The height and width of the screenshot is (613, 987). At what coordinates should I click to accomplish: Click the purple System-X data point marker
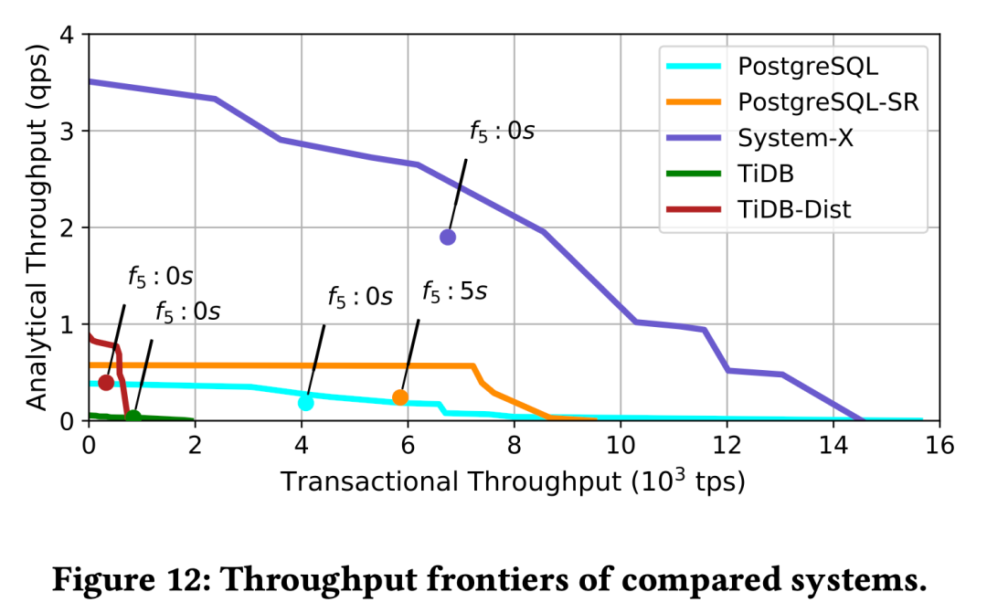[x=448, y=237]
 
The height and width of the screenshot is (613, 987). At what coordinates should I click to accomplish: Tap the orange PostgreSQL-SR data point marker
[x=400, y=396]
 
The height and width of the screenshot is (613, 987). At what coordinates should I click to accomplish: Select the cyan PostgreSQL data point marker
[x=306, y=402]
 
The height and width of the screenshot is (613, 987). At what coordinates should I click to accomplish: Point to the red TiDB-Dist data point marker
[x=106, y=382]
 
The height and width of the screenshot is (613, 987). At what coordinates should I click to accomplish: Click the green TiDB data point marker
[x=133, y=417]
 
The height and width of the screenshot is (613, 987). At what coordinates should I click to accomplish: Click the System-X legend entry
[x=795, y=137]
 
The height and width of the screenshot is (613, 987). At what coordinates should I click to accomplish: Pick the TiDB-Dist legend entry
[x=794, y=208]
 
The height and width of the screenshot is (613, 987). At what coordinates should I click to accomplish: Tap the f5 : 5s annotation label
[x=454, y=292]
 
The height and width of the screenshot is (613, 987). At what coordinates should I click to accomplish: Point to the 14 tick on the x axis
[x=833, y=446]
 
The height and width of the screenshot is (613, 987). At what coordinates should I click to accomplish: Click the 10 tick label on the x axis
[x=621, y=446]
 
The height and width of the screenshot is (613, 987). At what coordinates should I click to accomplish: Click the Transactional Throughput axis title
[x=513, y=481]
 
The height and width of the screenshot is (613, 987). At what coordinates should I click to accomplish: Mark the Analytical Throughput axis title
[x=36, y=227]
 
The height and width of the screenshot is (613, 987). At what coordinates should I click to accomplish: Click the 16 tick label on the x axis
[x=939, y=446]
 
